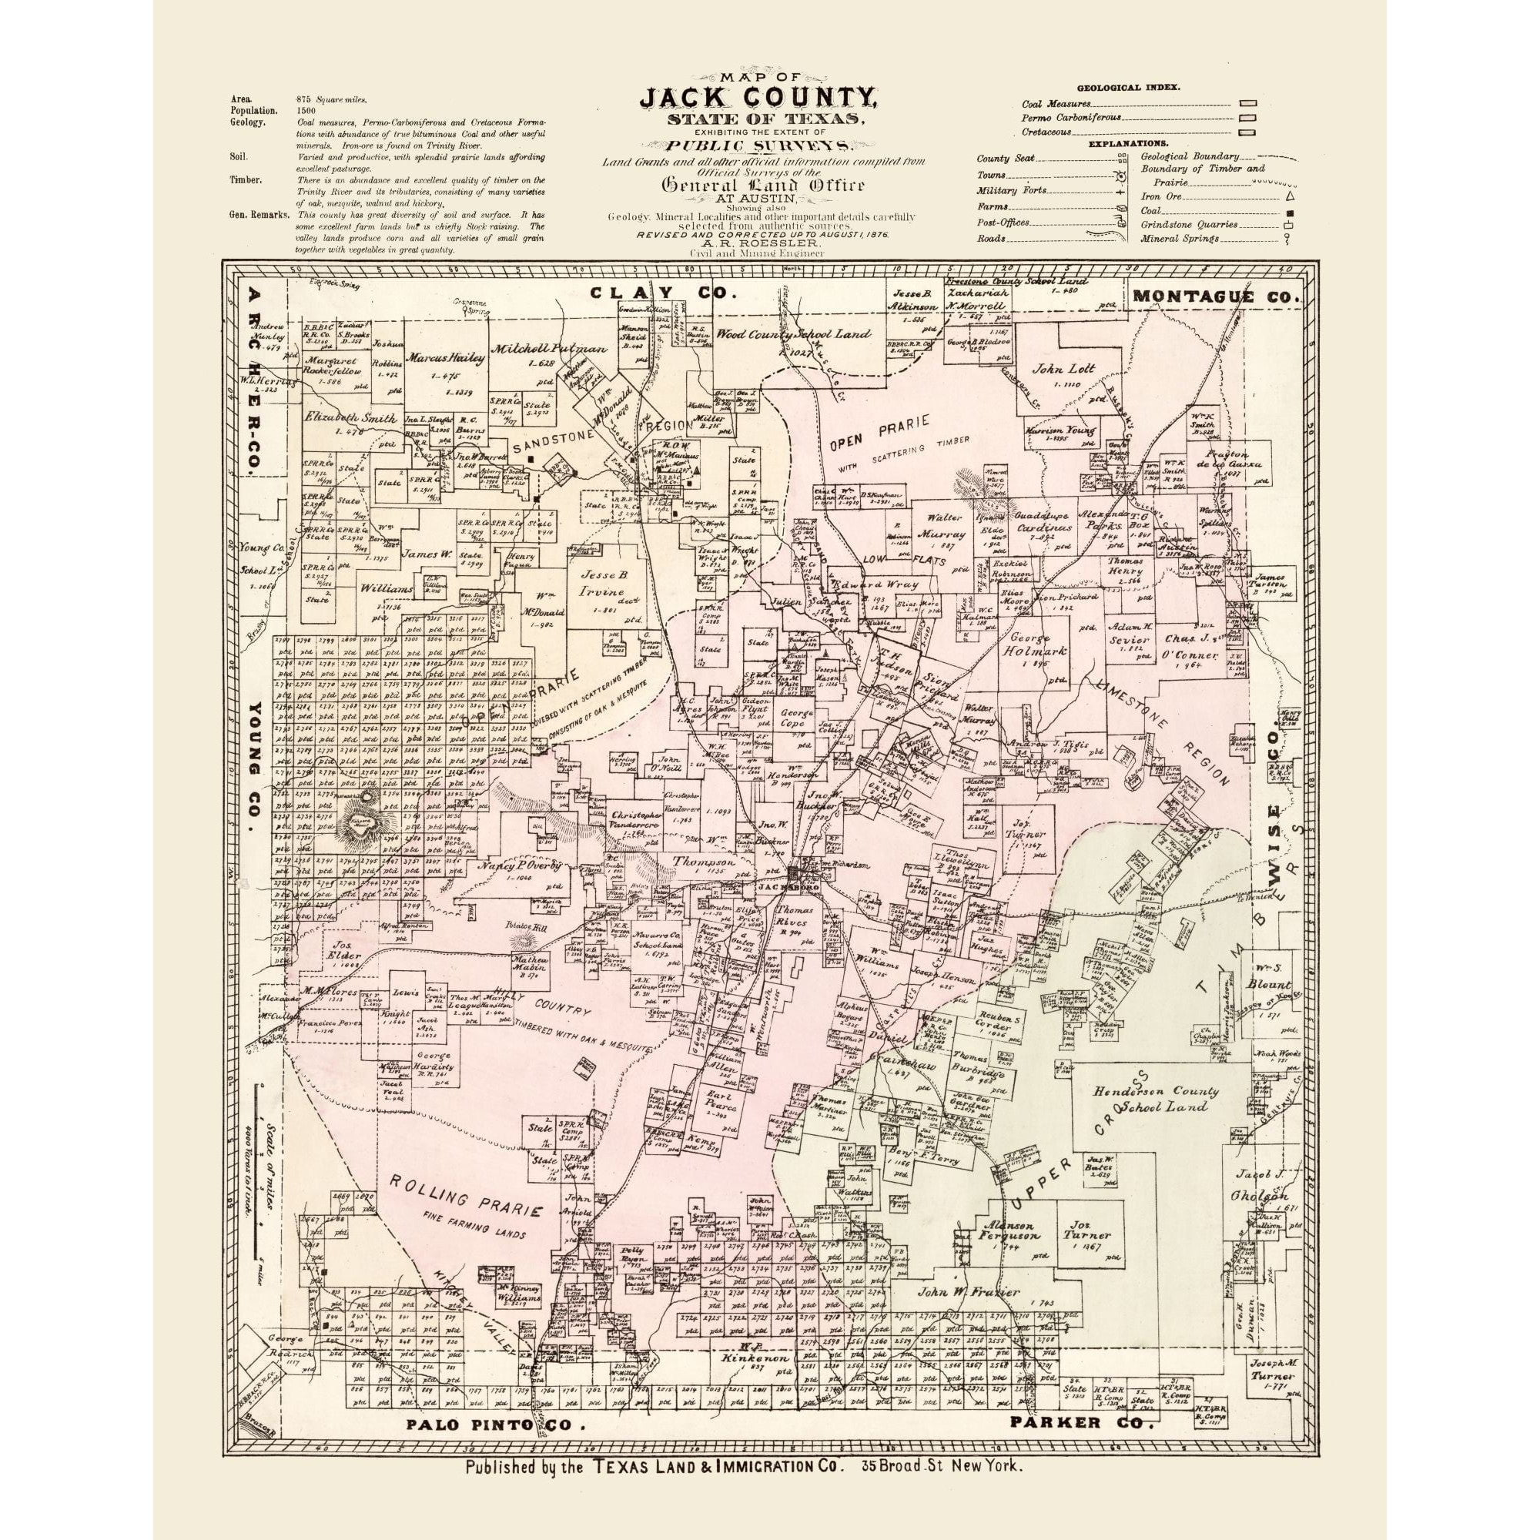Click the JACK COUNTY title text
click(x=759, y=99)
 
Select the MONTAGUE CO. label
click(x=1216, y=296)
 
